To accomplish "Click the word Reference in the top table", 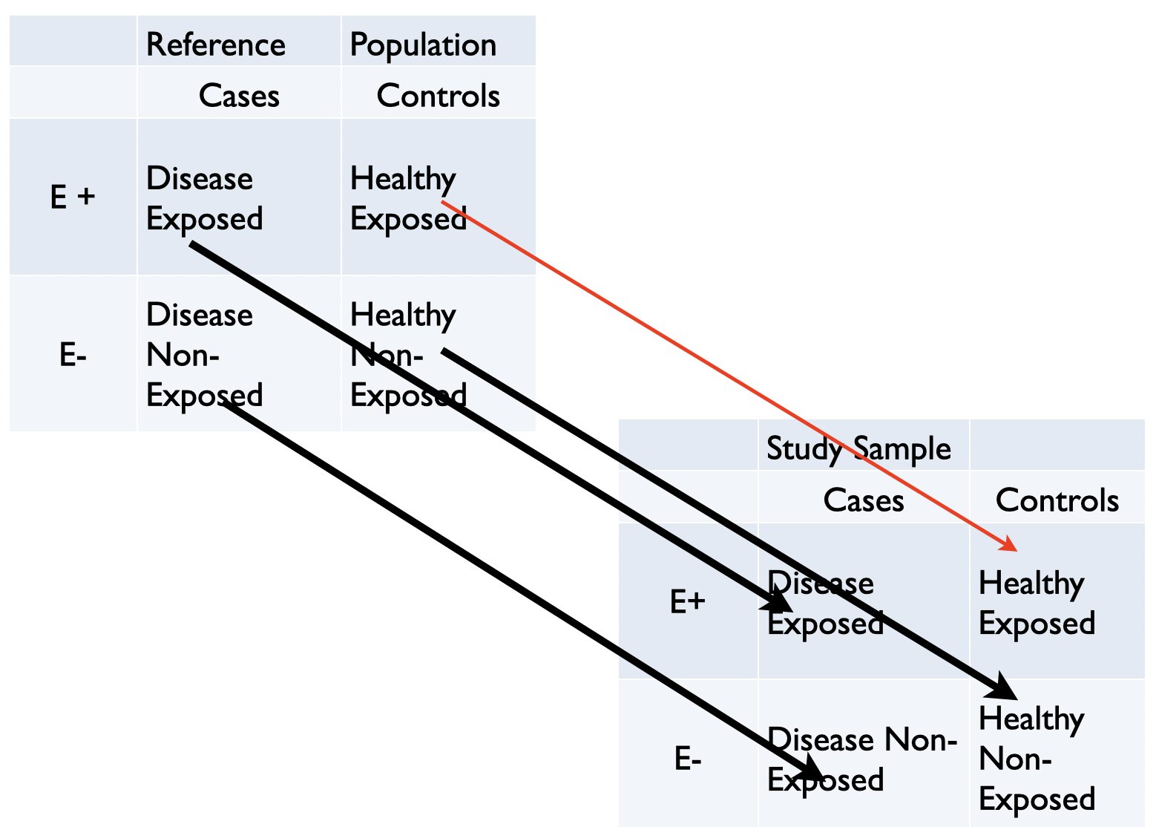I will [x=215, y=45].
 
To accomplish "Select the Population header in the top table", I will [x=423, y=45].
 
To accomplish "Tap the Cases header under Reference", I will [x=239, y=96].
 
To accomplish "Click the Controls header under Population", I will [x=438, y=96].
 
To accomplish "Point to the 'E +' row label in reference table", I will [x=73, y=197].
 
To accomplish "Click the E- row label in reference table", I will [x=73, y=356].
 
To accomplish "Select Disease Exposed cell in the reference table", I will [x=204, y=198].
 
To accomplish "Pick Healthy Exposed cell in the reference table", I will [x=407, y=198].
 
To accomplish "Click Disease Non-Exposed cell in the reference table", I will [x=204, y=355].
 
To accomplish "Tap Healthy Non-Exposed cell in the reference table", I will [x=407, y=355].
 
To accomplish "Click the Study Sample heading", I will [x=858, y=448].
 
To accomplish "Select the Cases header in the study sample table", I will [x=864, y=500].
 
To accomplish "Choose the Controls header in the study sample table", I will [x=1057, y=500].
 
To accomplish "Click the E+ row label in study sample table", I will [x=687, y=601].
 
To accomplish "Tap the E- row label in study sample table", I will [x=687, y=759].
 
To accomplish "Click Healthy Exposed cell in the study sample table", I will [x=1037, y=603].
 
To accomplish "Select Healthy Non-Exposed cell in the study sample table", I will [x=1037, y=759].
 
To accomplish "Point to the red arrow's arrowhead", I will [x=1010, y=546].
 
